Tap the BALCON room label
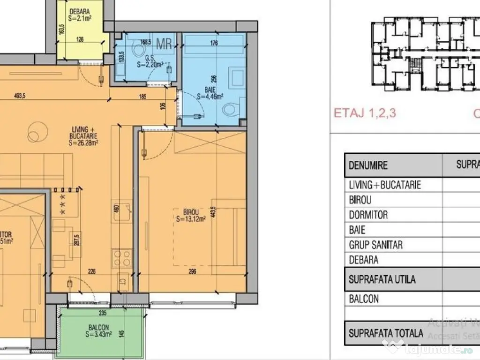pyautogui.click(x=98, y=328)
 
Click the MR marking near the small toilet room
pyautogui.click(x=164, y=44)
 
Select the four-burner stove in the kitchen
pyautogui.click(x=121, y=257)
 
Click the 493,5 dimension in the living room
pyautogui.click(x=19, y=96)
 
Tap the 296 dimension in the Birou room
pyautogui.click(x=192, y=271)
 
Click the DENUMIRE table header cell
pyautogui.click(x=368, y=165)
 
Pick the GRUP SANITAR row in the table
pyautogui.click(x=375, y=245)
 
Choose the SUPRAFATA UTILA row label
pyautogui.click(x=382, y=279)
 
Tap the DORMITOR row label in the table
pyautogui.click(x=368, y=215)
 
